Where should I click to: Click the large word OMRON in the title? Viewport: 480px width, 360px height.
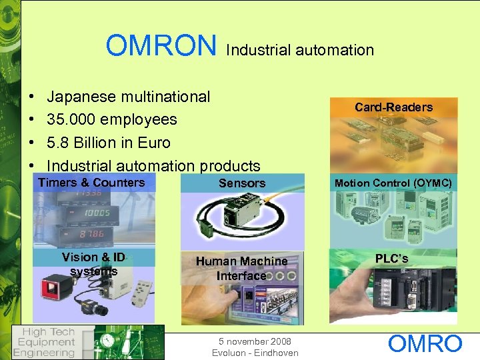click(161, 46)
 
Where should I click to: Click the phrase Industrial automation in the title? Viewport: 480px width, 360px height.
click(300, 50)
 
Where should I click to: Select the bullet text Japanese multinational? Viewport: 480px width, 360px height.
click(129, 97)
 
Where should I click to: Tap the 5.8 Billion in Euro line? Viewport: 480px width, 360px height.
click(109, 143)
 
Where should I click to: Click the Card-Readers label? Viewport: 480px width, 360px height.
click(393, 107)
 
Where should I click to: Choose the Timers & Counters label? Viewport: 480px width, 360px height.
click(91, 183)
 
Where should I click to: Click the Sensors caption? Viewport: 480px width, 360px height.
click(242, 183)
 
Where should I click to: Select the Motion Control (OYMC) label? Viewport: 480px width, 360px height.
click(393, 183)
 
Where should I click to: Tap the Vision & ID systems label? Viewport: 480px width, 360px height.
click(93, 264)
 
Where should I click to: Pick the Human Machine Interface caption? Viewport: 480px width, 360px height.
click(242, 268)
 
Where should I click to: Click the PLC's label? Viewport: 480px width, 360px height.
click(392, 258)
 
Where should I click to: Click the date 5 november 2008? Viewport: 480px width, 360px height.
click(255, 341)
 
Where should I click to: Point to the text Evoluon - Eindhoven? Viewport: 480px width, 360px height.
click(255, 353)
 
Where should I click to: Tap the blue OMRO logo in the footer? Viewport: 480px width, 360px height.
click(425, 344)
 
